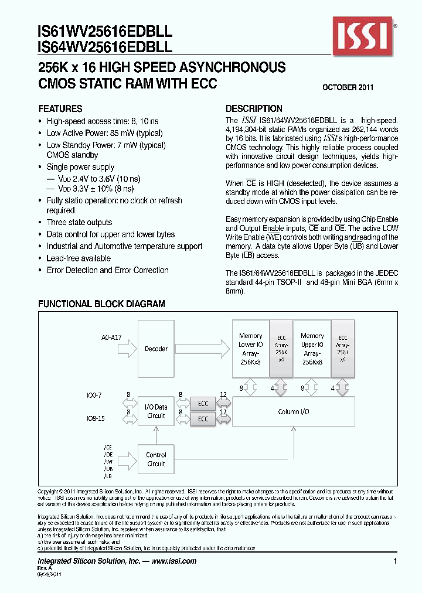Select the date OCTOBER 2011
348,87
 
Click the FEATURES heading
60,109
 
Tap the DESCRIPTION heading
254,109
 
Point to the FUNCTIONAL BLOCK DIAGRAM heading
101,304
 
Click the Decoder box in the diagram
156,349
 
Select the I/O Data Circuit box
156,411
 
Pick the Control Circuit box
156,459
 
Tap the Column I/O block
293,412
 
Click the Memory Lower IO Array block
251,349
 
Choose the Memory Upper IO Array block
312,349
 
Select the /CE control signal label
108,447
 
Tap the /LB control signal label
108,477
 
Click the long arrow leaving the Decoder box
202,349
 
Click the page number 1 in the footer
396,561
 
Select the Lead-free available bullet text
79,258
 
